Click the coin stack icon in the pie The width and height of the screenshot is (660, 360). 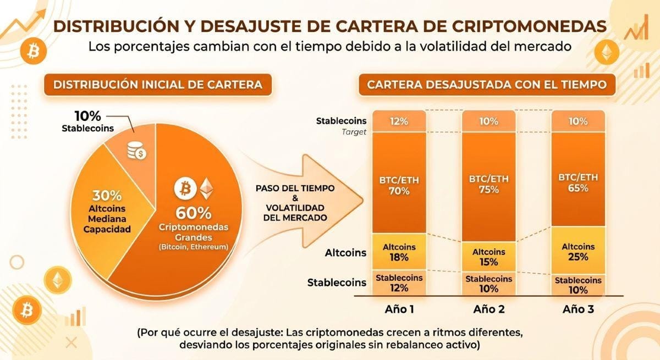click(x=137, y=151)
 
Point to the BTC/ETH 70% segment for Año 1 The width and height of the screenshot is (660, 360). click(x=399, y=182)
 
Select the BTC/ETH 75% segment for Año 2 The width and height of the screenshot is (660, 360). click(x=489, y=187)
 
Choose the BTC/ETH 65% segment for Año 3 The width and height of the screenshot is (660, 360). click(x=578, y=179)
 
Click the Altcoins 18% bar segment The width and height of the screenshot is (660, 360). click(x=399, y=251)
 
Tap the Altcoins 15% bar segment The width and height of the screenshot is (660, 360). click(x=489, y=257)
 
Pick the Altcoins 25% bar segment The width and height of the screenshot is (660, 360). click(x=578, y=251)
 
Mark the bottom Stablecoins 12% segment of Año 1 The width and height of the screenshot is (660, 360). click(x=399, y=283)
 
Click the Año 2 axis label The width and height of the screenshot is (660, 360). click(x=489, y=309)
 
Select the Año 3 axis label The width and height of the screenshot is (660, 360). click(x=578, y=309)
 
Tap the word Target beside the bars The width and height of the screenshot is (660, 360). click(x=354, y=132)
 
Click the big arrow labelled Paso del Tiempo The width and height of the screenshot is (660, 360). click(x=306, y=202)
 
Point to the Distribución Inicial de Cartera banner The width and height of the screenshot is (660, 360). click(x=158, y=85)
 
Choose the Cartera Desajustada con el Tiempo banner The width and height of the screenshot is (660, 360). click(x=487, y=85)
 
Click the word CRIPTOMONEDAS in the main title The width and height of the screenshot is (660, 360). click(x=529, y=26)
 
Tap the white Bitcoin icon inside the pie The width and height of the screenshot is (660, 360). click(x=185, y=189)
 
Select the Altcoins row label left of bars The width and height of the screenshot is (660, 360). click(x=345, y=253)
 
